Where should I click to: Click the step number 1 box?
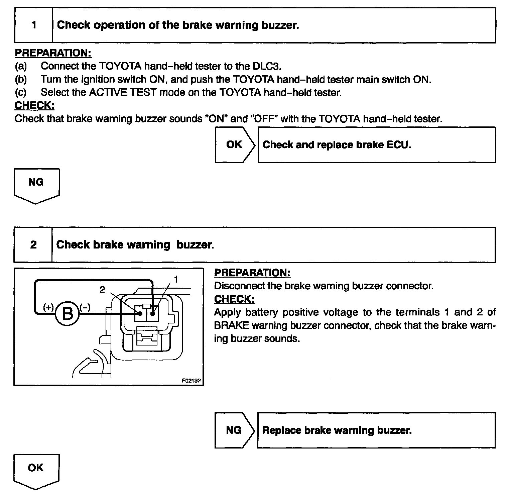(34, 25)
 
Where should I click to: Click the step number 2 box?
(33, 245)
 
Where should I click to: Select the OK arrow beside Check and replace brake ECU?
(234, 144)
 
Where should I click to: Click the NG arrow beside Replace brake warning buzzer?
(234, 430)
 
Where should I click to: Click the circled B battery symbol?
(67, 313)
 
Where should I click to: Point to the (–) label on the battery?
(85, 307)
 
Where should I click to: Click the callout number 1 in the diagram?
(176, 279)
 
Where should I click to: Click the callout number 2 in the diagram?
(102, 290)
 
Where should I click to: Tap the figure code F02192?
(192, 381)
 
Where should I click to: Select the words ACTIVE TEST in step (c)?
(123, 92)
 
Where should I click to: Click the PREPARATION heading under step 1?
(53, 53)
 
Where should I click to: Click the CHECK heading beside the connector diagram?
(234, 299)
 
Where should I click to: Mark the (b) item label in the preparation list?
(21, 79)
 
